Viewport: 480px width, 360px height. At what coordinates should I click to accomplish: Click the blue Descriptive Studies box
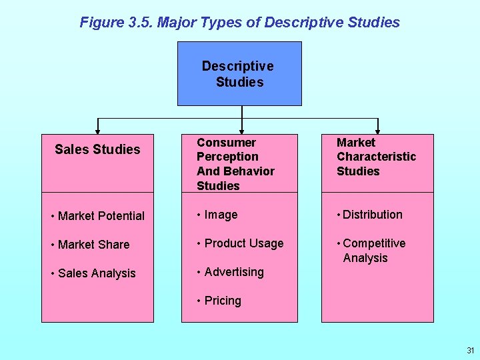point(239,73)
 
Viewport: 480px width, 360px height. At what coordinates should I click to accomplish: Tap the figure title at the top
point(239,22)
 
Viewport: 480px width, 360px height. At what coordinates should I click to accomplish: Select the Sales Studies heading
point(97,149)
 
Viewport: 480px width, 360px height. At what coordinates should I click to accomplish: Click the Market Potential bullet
point(97,216)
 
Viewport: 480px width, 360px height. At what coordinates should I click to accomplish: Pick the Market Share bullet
point(90,245)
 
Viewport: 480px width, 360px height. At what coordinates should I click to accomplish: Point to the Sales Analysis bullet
point(93,273)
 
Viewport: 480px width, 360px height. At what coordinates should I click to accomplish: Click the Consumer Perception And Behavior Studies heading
point(235,164)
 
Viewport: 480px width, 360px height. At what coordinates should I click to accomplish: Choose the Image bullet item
point(217,215)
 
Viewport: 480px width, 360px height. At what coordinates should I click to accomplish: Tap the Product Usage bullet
point(240,243)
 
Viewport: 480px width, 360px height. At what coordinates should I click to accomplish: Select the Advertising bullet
point(230,272)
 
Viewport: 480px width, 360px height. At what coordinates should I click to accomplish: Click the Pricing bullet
point(219,301)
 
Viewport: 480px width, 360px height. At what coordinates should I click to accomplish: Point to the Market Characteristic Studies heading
point(376,157)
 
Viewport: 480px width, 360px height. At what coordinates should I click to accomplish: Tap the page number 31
point(471,350)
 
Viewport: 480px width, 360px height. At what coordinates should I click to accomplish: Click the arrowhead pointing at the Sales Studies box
point(98,131)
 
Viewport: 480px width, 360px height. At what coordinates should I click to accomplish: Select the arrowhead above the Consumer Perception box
point(242,131)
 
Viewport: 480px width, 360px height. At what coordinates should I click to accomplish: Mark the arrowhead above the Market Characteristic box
point(378,131)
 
